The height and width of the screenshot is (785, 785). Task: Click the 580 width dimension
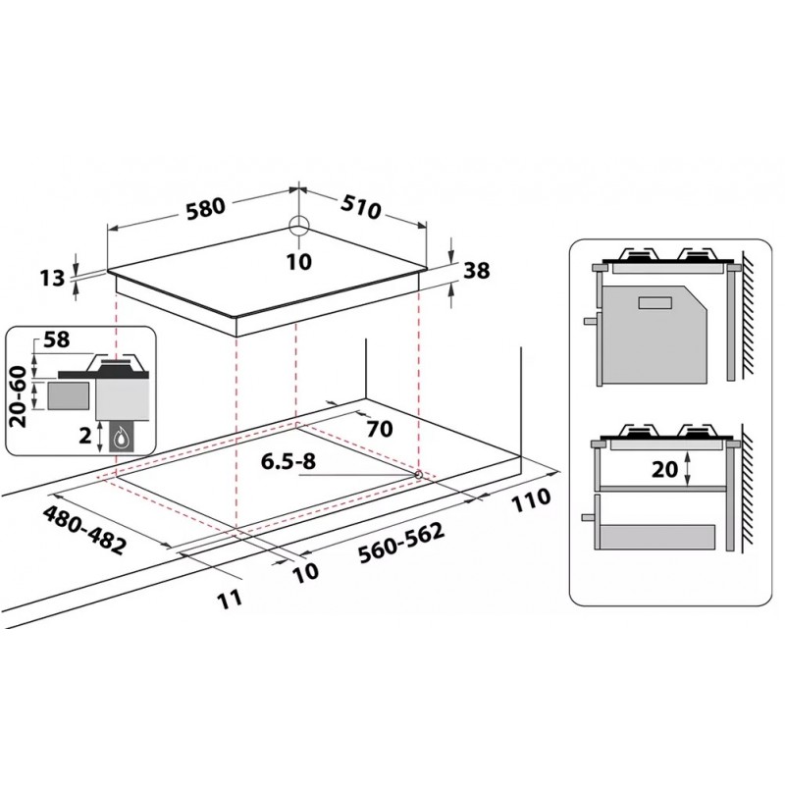[x=206, y=208]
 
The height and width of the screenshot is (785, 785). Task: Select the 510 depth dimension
[x=360, y=206]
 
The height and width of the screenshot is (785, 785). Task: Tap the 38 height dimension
[x=476, y=271]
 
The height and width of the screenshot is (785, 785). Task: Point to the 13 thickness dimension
[x=52, y=278]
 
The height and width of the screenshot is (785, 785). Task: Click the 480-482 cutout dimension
[x=85, y=530]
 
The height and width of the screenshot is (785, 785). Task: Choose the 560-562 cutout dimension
[x=401, y=544]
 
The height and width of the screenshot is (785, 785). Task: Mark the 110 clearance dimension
[x=531, y=500]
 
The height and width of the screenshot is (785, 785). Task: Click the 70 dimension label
[x=380, y=429]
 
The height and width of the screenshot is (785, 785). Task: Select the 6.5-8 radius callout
[x=288, y=461]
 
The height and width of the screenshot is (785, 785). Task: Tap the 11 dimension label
[x=231, y=600]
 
